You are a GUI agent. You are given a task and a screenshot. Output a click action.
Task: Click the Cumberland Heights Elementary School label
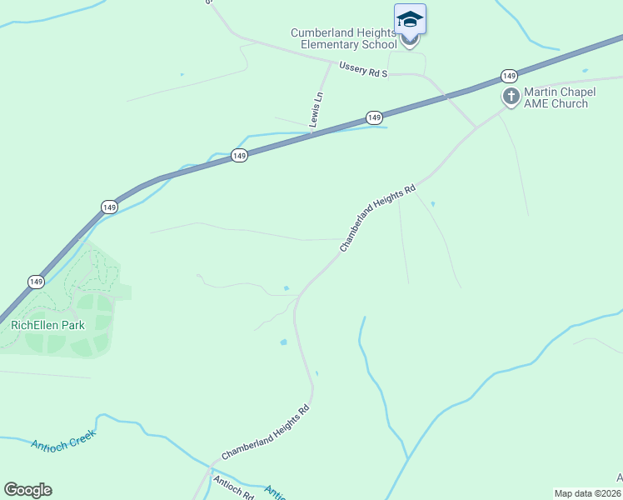[x=343, y=38]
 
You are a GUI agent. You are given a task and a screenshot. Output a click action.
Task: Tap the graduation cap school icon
[x=410, y=18]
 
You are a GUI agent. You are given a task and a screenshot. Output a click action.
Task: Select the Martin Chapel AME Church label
[x=556, y=97]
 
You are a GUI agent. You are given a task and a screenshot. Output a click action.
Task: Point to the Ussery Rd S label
[x=364, y=69]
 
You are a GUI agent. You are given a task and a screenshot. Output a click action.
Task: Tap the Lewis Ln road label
[x=316, y=109]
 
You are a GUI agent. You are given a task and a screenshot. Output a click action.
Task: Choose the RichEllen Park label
[x=48, y=325]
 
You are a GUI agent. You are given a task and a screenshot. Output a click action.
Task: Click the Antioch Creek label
[x=64, y=439]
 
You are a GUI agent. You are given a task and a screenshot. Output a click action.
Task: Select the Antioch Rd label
[x=233, y=487]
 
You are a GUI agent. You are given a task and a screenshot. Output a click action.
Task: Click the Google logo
[x=27, y=490]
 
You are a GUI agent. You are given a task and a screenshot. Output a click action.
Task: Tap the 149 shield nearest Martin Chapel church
[x=510, y=76]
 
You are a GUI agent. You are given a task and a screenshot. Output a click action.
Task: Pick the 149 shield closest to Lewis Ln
[x=374, y=117]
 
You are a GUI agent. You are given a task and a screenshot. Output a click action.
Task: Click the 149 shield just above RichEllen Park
[x=35, y=282]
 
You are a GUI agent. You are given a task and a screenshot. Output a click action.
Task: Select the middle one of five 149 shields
[x=239, y=156]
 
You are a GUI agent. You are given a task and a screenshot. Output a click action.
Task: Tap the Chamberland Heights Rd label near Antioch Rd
[x=266, y=432]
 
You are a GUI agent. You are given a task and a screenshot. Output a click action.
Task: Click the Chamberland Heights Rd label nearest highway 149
[x=377, y=218]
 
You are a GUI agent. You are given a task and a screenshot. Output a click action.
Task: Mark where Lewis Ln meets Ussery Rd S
[x=331, y=63]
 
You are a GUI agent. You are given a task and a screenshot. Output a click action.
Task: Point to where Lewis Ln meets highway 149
[x=311, y=132]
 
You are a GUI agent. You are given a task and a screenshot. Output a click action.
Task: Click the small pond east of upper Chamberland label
[x=433, y=202]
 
